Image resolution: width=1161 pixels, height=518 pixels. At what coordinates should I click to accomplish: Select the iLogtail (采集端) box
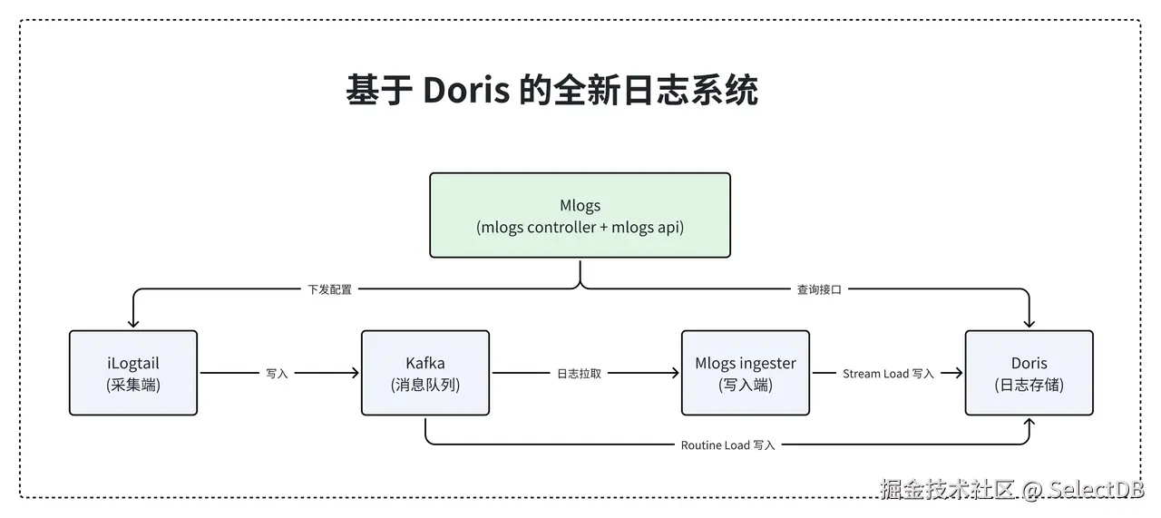[x=133, y=373]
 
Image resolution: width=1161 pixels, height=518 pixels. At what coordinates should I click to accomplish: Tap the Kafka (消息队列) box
[x=424, y=373]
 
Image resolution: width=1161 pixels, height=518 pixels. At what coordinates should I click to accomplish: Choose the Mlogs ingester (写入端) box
[x=745, y=373]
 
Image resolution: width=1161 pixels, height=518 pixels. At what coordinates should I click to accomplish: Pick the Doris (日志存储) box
[x=1029, y=373]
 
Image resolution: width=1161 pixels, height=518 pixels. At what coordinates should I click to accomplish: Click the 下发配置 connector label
[x=329, y=289]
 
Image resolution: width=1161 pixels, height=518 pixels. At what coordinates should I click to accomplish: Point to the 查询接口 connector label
[x=819, y=289]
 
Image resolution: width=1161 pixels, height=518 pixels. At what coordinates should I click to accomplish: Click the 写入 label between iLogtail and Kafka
[x=277, y=374]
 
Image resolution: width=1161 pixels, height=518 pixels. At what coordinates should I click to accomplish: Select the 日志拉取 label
[x=579, y=374]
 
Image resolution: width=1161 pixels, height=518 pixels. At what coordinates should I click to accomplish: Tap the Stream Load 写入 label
[x=887, y=374]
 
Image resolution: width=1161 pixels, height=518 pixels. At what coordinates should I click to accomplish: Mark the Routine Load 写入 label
[x=727, y=445]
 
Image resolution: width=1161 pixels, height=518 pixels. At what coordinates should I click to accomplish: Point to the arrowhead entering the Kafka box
[x=355, y=373]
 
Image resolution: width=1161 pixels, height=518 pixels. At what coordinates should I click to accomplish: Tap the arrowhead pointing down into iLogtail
[x=133, y=323]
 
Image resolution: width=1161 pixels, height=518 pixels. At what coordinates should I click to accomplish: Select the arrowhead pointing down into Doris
[x=1029, y=323]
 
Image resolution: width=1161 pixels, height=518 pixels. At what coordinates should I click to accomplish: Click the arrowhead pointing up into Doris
[x=1029, y=423]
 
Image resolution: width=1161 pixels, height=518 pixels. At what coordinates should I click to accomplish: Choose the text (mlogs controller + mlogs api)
[x=580, y=228]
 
